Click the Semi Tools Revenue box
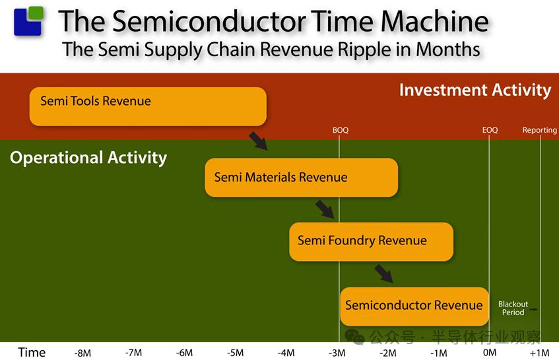(x=148, y=106)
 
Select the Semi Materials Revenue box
(x=301, y=177)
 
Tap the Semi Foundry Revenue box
(x=371, y=242)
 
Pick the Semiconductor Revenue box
(x=414, y=306)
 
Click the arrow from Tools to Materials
(x=258, y=141)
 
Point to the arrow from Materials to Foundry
(x=325, y=209)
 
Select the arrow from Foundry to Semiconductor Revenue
(x=384, y=273)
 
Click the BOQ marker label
(x=341, y=130)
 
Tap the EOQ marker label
(x=490, y=130)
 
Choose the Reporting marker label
(x=539, y=130)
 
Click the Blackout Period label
(x=513, y=308)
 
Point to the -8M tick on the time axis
(x=82, y=353)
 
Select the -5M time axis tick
(x=236, y=353)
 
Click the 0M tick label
(x=490, y=353)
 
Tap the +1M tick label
(x=539, y=353)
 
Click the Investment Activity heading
(x=475, y=90)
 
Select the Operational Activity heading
(x=88, y=157)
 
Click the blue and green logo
(x=28, y=20)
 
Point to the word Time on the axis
(x=32, y=353)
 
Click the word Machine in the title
(x=435, y=21)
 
